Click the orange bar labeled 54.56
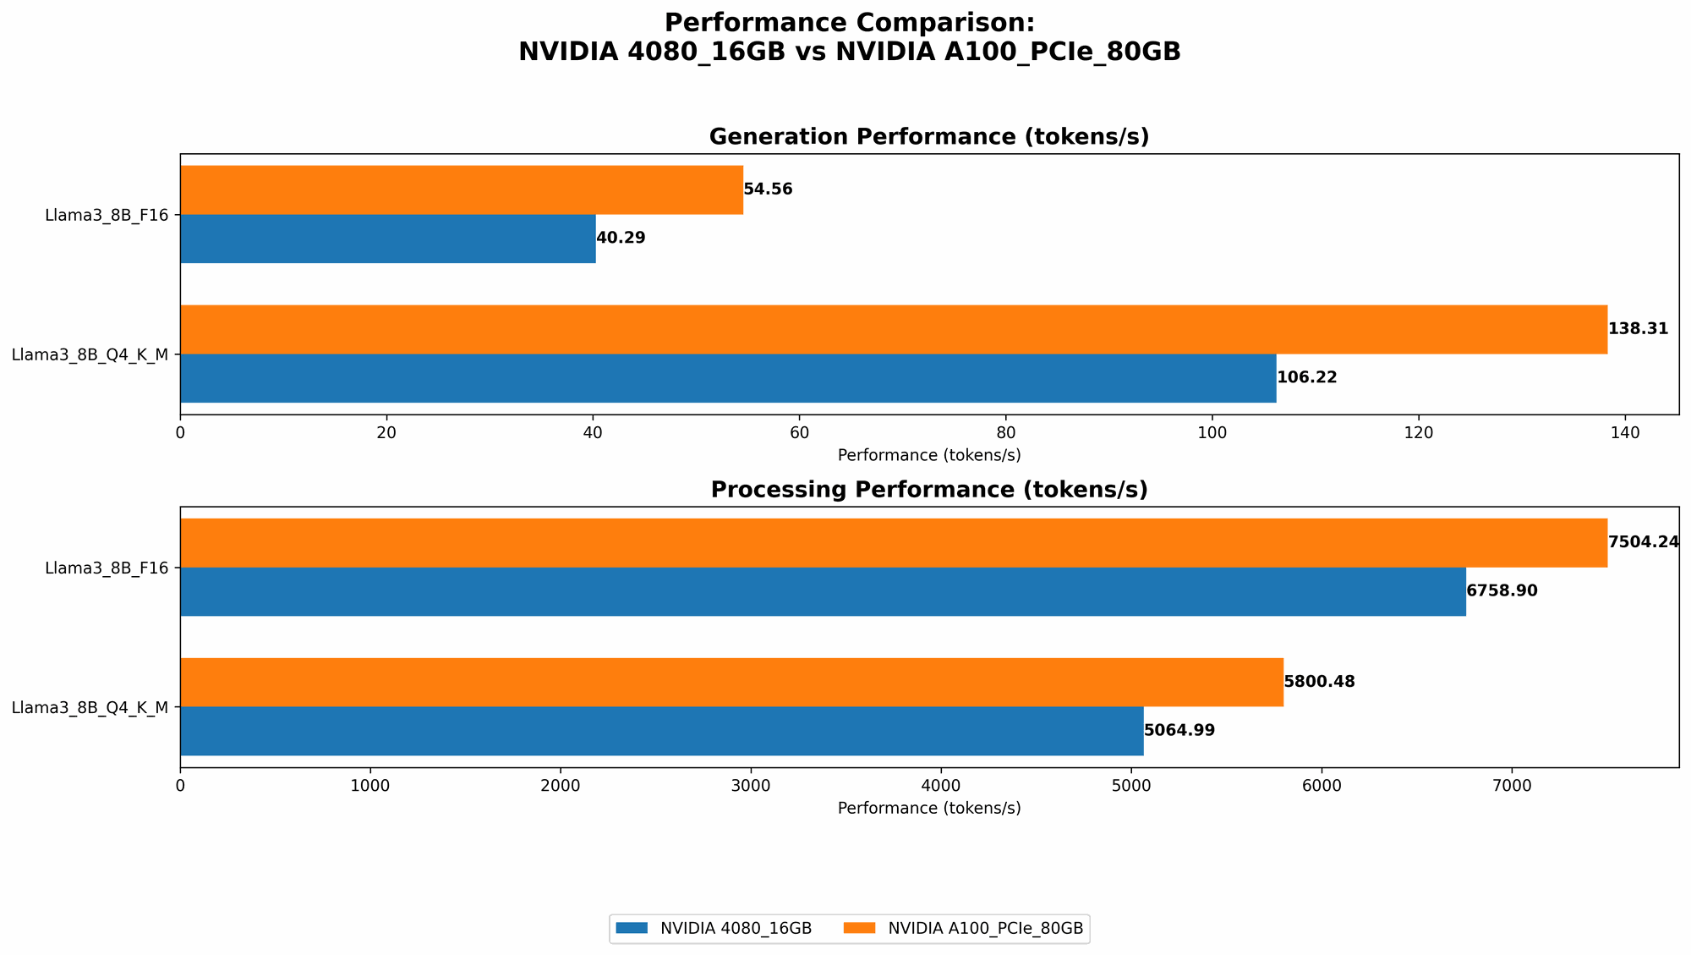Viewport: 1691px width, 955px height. (462, 189)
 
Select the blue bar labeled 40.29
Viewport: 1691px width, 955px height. (387, 239)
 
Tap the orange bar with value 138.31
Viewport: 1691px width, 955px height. (893, 329)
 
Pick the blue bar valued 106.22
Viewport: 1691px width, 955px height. (727, 378)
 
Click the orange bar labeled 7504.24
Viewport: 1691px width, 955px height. (893, 542)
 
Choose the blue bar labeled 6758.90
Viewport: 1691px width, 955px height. (822, 591)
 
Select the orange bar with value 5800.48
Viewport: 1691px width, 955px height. (731, 682)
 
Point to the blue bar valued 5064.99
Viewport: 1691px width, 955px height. (661, 731)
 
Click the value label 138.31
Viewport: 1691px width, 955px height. (1638, 329)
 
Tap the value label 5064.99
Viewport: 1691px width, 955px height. (1179, 731)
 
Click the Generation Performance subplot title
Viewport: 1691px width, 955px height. (928, 137)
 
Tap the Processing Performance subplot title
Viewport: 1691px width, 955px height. (928, 490)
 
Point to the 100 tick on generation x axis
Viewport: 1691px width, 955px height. (1212, 433)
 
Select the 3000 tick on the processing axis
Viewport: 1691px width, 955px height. (751, 786)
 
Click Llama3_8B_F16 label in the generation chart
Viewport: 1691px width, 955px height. (107, 215)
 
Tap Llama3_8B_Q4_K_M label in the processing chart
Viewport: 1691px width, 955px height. (90, 707)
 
